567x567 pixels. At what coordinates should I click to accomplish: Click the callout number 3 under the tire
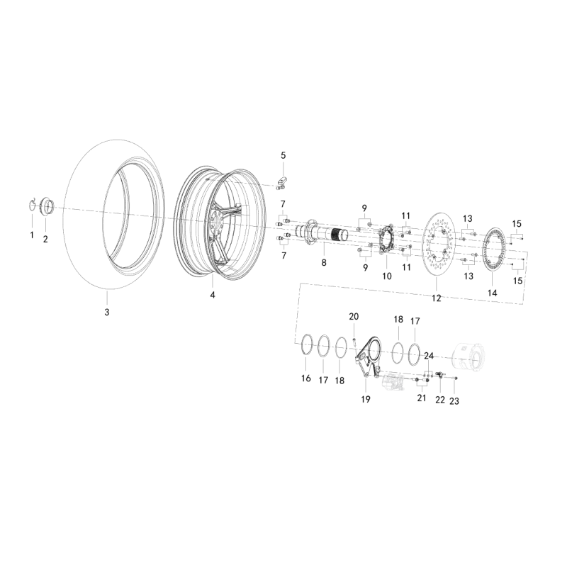(107, 312)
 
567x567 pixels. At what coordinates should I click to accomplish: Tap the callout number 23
(454, 401)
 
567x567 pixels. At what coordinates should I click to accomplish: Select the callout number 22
(439, 400)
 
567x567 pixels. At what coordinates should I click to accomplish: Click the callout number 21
(421, 399)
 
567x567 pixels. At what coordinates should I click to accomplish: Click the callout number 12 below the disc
(437, 298)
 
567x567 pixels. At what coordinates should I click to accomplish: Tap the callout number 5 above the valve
(283, 155)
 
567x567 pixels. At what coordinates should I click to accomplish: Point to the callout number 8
(324, 262)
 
